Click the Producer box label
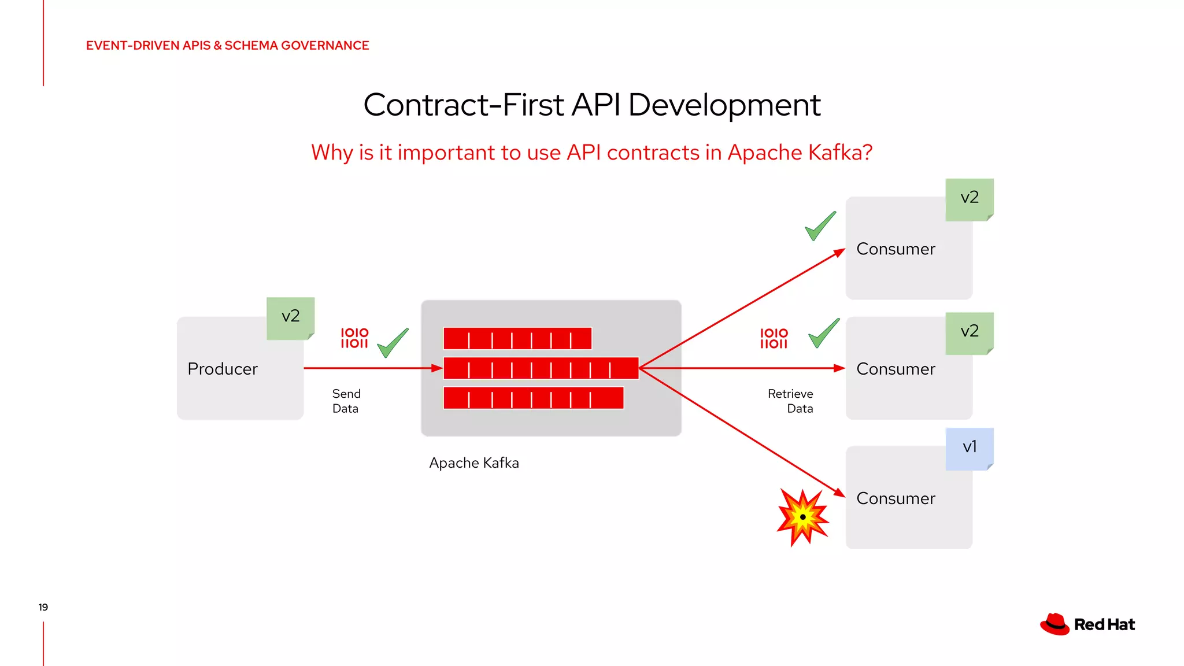223,369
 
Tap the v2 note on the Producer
290,317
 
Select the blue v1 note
970,447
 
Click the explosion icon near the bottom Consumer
803,516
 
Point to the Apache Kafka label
473,463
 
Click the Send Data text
346,401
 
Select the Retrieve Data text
790,401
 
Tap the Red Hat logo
1087,624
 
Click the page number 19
43,607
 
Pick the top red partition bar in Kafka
517,339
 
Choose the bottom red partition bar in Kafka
533,398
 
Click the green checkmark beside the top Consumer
820,225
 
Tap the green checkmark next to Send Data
393,343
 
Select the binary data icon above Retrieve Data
774,339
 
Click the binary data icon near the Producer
354,338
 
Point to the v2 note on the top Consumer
970,198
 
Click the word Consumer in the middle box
896,369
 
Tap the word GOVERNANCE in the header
325,46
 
